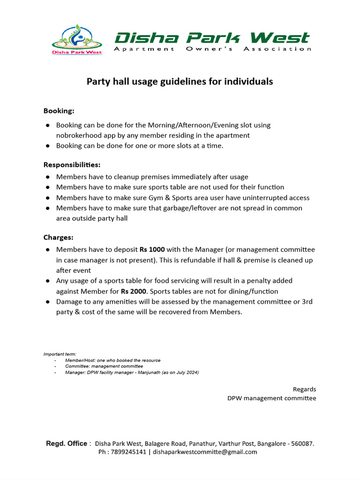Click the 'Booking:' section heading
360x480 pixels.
59,111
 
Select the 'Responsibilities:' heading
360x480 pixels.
72,165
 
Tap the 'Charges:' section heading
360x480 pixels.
58,238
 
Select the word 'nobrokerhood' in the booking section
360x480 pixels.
78,135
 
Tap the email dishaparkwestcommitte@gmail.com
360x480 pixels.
205,452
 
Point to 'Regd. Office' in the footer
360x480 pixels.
66,443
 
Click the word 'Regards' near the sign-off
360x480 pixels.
304,389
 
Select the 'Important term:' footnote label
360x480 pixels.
60,354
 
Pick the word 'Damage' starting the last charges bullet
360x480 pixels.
69,301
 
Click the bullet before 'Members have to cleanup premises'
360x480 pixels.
48,177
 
